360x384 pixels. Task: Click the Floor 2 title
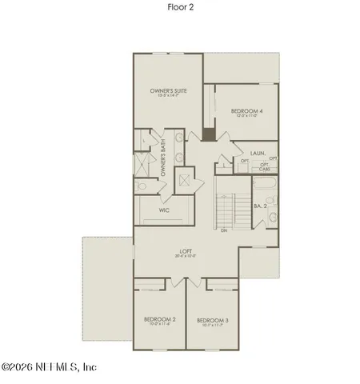(179, 6)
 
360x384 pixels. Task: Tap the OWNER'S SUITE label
(168, 92)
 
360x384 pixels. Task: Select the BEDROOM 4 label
(247, 110)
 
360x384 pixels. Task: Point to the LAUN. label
(258, 152)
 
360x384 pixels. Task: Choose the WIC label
(164, 211)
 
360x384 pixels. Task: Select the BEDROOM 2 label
(160, 319)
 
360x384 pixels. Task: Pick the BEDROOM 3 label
(213, 320)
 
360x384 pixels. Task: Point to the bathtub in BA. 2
(265, 190)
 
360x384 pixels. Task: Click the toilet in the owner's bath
(141, 186)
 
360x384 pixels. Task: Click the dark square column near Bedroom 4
(209, 135)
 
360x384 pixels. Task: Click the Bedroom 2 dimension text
(160, 325)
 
